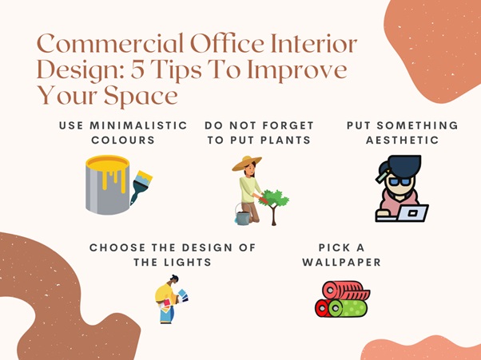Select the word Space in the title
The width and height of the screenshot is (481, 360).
(x=141, y=96)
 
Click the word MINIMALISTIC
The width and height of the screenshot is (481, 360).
(x=138, y=125)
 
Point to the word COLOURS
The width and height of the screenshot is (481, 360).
(x=123, y=140)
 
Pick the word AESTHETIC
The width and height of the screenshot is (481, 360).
(x=403, y=140)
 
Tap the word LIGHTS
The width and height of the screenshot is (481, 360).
(x=188, y=263)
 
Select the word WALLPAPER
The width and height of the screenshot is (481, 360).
(x=341, y=263)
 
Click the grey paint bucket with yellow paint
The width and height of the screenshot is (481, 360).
(x=108, y=184)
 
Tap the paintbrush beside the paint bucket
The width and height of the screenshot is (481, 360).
(x=141, y=187)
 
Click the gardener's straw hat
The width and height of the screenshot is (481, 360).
(x=247, y=163)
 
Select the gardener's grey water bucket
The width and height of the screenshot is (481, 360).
(x=243, y=216)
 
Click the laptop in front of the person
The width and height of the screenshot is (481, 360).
(x=412, y=214)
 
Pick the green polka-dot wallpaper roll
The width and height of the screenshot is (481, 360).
(x=348, y=308)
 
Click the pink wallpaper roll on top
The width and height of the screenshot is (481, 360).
(x=346, y=291)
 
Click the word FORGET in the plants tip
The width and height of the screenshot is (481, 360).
(x=288, y=125)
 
